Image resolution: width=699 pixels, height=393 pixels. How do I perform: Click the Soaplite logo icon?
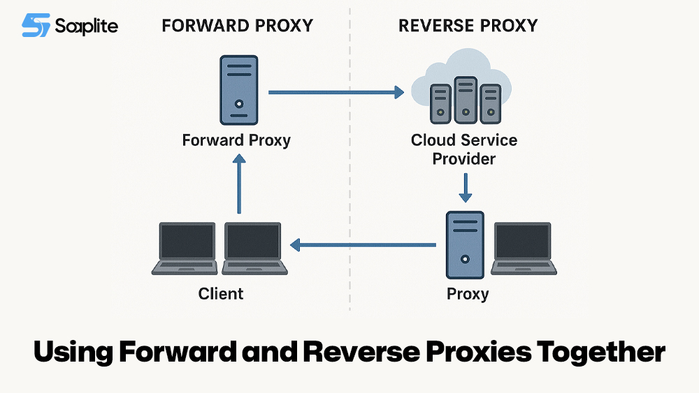coord(36,26)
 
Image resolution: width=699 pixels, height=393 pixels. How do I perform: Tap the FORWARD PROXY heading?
coord(237,27)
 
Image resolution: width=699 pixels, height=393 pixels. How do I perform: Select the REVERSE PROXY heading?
coord(468,27)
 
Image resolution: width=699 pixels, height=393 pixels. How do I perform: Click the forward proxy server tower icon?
coord(239,90)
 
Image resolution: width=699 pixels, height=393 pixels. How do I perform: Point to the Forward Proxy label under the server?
coord(236,140)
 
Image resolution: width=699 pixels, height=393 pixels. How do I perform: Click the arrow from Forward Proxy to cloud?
coord(336,91)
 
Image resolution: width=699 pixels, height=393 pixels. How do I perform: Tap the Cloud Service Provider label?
coord(464,149)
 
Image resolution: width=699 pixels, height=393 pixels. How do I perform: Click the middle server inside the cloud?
coord(465,98)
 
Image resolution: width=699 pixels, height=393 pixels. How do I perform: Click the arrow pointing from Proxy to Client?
coord(363,244)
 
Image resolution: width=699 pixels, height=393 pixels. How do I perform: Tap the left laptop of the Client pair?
coord(188,249)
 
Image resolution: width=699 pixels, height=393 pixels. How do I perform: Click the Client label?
coord(221,294)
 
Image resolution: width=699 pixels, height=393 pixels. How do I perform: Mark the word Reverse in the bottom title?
coord(361,353)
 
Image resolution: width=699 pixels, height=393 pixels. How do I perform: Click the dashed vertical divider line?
coord(349,175)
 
